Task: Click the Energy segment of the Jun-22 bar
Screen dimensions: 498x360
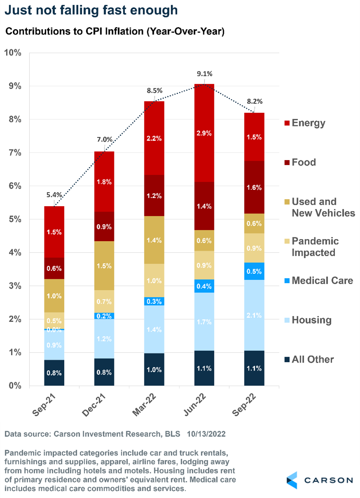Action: [x=204, y=133]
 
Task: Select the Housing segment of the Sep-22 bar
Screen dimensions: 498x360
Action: [x=254, y=315]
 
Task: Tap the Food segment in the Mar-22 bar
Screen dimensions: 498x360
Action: [x=154, y=195]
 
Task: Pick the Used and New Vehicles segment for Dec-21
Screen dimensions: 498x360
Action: [x=104, y=265]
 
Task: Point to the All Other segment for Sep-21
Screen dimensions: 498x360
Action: [x=54, y=373]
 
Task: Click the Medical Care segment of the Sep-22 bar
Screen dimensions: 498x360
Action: [x=254, y=271]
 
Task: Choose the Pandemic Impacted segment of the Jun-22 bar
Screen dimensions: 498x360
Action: [x=204, y=265]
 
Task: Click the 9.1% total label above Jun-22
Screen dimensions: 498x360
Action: [x=204, y=74]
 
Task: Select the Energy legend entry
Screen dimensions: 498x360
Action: [x=308, y=123]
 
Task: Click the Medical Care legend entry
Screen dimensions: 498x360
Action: [x=322, y=281]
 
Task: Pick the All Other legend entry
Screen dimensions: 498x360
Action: [x=312, y=359]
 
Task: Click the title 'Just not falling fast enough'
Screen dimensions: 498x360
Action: [x=91, y=10]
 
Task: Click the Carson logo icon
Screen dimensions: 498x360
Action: [x=292, y=480]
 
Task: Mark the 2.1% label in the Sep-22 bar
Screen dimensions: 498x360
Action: [x=254, y=315]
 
